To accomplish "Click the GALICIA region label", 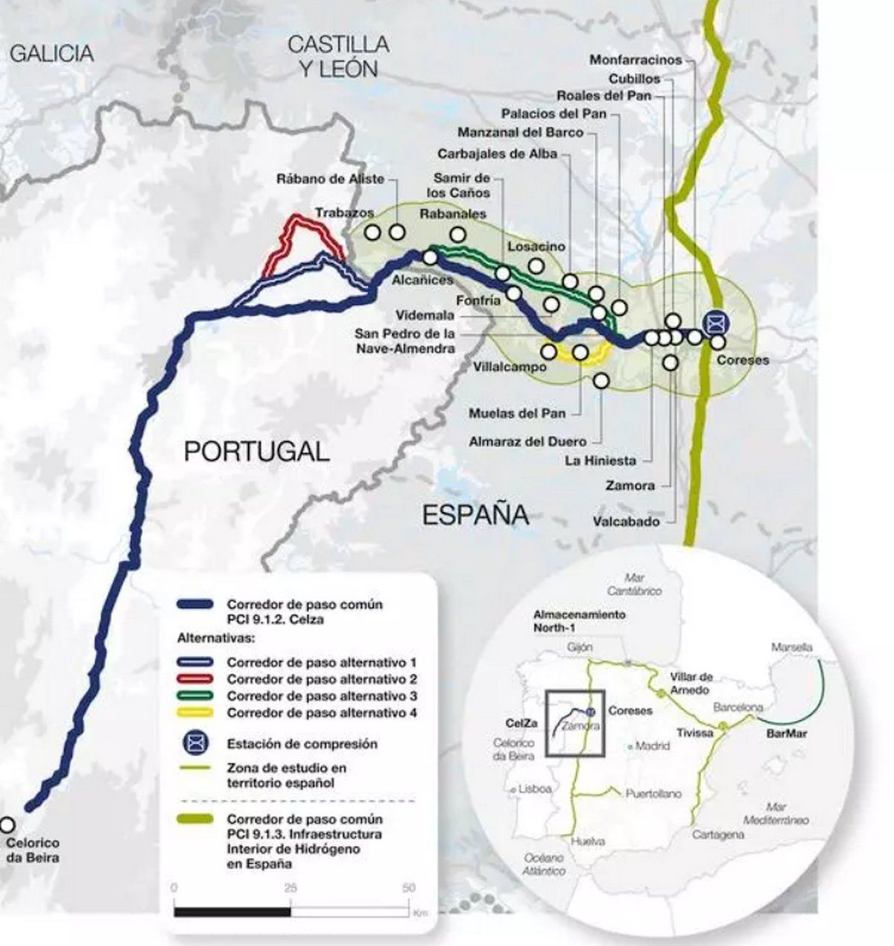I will pyautogui.click(x=52, y=54).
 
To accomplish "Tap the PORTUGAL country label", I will pyautogui.click(x=256, y=452).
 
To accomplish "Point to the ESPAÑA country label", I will pyautogui.click(x=475, y=515).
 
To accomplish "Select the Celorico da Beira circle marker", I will pyautogui.click(x=7, y=824).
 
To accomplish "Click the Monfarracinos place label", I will pyautogui.click(x=635, y=60).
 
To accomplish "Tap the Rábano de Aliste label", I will pyautogui.click(x=330, y=179).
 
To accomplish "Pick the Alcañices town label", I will pyautogui.click(x=422, y=280).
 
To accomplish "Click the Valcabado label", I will pyautogui.click(x=627, y=522).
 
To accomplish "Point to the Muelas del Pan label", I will pyautogui.click(x=517, y=413).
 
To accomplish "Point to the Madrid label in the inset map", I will pyautogui.click(x=653, y=745).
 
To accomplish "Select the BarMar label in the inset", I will pyautogui.click(x=787, y=734).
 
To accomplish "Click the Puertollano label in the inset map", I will pyautogui.click(x=653, y=794).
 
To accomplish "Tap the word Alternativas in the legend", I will pyautogui.click(x=216, y=639).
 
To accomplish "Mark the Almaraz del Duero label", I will pyautogui.click(x=527, y=441).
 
